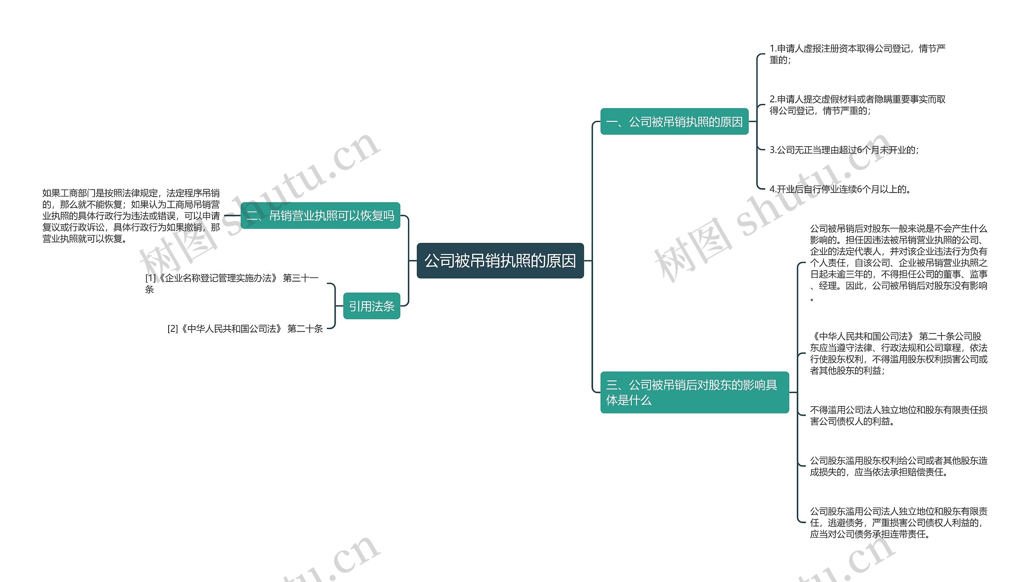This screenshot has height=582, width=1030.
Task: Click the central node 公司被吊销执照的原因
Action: click(x=500, y=261)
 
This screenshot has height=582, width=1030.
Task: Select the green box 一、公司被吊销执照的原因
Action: click(x=674, y=122)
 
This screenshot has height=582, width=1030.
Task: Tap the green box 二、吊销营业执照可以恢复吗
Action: click(x=320, y=216)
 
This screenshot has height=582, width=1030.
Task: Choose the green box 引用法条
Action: click(x=371, y=306)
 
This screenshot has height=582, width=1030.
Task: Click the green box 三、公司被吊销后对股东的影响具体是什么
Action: click(x=694, y=392)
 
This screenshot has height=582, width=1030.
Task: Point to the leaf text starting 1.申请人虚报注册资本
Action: click(x=857, y=54)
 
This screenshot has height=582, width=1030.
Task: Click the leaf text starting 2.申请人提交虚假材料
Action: click(x=857, y=105)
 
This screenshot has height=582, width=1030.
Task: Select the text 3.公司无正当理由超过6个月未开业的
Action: click(x=844, y=150)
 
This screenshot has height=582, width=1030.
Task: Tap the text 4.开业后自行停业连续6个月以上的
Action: click(x=840, y=189)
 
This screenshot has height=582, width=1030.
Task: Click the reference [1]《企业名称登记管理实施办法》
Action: click(x=232, y=283)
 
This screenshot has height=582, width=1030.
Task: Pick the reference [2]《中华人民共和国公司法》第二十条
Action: click(x=245, y=329)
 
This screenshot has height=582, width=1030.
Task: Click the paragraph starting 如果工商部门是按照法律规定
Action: click(x=131, y=216)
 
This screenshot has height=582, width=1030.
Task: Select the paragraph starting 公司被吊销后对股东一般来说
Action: click(x=898, y=263)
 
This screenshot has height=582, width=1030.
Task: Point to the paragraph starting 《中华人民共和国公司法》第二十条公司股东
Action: click(x=898, y=353)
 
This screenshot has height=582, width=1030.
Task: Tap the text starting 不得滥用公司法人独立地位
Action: click(x=898, y=415)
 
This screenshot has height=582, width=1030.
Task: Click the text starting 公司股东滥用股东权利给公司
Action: click(x=898, y=466)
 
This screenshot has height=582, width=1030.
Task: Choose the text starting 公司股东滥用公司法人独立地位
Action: click(x=898, y=522)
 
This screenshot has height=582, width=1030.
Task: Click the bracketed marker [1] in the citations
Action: click(x=150, y=278)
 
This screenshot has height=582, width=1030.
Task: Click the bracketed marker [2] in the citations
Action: click(x=173, y=329)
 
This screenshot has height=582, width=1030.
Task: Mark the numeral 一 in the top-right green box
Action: click(x=612, y=122)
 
